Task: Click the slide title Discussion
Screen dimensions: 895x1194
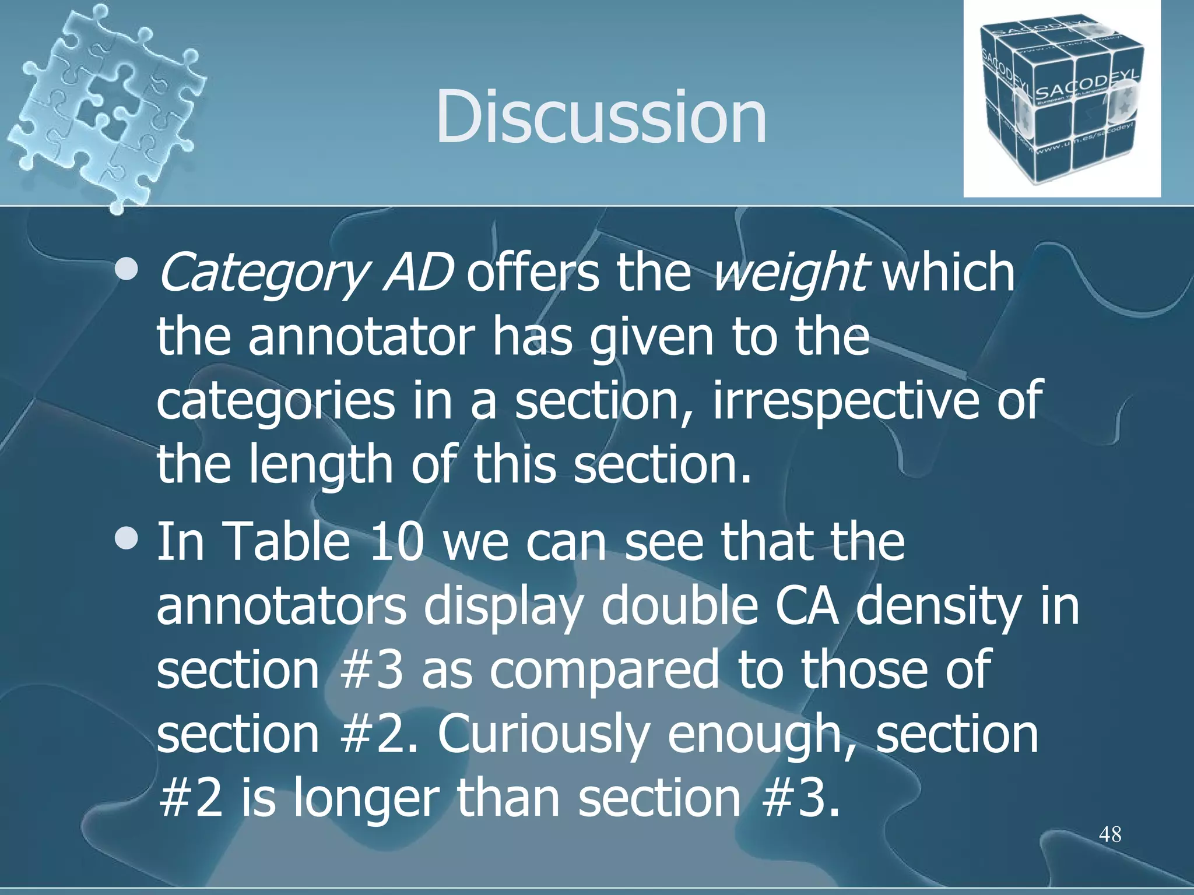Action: point(600,117)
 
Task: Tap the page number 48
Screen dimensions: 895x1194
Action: point(1109,834)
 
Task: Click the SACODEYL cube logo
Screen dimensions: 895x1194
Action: point(1061,99)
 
